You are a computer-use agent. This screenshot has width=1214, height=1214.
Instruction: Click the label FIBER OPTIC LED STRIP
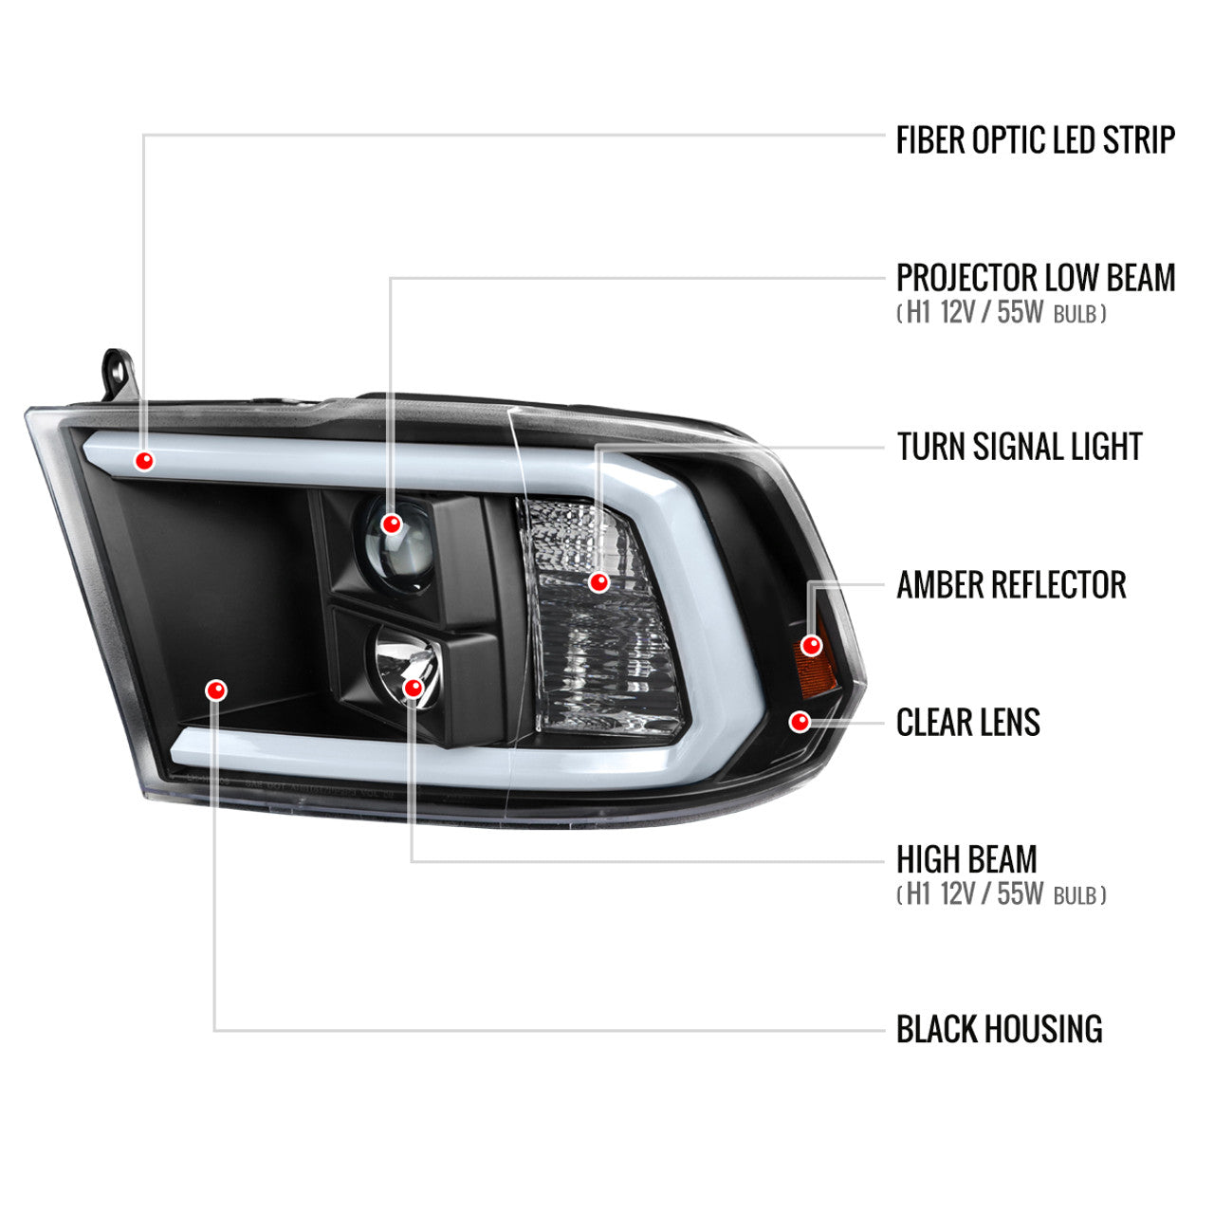tap(1035, 139)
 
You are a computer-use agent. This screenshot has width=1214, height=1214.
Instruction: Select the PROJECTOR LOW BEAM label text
tap(1036, 277)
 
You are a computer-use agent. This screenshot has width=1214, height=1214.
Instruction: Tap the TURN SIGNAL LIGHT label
tap(1020, 447)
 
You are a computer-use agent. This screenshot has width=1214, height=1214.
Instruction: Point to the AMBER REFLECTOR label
tap(1011, 584)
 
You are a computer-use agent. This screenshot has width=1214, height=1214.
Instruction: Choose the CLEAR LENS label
tap(967, 722)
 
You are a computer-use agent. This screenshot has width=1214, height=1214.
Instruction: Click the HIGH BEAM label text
tap(966, 859)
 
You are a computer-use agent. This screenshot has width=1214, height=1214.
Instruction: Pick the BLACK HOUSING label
tap(999, 1029)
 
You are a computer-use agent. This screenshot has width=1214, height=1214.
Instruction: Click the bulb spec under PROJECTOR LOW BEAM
tap(1001, 313)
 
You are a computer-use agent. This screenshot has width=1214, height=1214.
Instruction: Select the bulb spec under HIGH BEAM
tap(1001, 894)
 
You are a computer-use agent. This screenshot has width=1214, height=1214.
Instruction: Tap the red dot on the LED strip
tap(144, 461)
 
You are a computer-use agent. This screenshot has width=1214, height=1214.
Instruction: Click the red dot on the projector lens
tap(392, 524)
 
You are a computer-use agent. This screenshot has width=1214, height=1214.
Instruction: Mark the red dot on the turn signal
tap(599, 582)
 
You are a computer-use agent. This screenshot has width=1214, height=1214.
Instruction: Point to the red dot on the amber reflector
tap(812, 645)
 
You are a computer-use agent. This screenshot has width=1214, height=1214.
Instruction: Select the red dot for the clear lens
tap(800, 722)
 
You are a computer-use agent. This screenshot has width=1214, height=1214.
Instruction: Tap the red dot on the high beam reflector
tap(414, 688)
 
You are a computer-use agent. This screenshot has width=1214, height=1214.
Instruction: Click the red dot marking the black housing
tap(216, 690)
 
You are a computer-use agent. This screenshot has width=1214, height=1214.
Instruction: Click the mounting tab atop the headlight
tap(119, 375)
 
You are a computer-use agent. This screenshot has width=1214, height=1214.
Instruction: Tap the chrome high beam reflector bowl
tap(407, 665)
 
